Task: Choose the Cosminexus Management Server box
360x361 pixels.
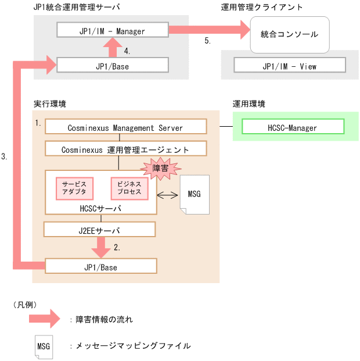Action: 125,127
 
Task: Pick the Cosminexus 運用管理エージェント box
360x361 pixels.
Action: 125,149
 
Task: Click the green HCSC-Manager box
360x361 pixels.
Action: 293,127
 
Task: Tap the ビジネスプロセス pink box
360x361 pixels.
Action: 129,187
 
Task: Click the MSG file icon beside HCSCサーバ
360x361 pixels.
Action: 194,194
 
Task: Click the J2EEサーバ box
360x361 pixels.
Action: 99,230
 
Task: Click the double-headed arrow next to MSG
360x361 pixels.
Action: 167,194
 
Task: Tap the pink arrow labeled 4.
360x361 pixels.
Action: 115,47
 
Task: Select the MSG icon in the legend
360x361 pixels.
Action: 43,346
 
